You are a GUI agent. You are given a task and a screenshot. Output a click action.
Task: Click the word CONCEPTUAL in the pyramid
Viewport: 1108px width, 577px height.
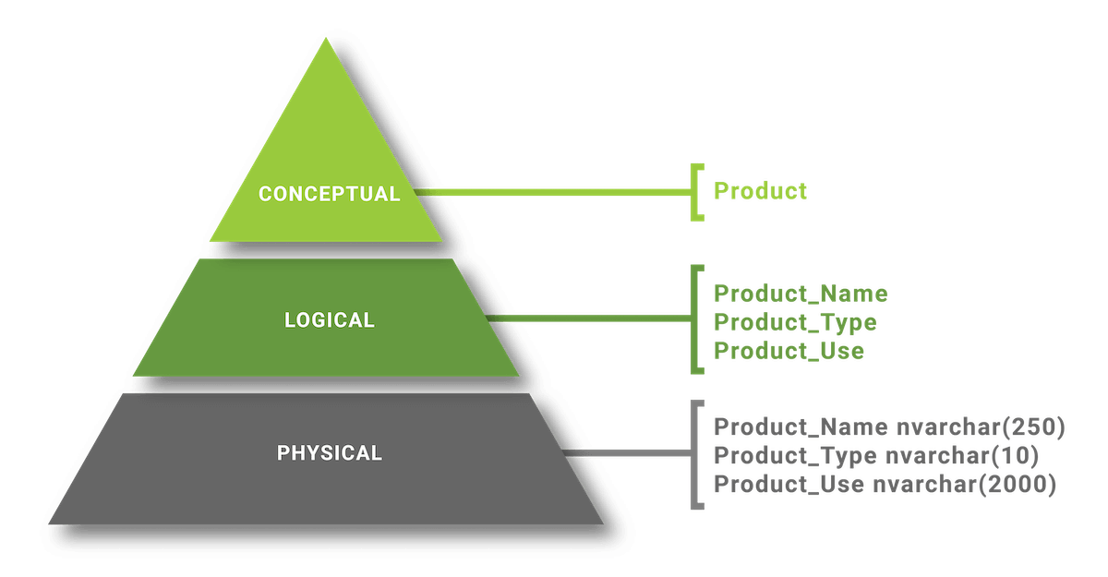click(x=329, y=194)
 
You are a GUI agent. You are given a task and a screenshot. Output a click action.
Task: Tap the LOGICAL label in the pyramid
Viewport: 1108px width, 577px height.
click(x=329, y=320)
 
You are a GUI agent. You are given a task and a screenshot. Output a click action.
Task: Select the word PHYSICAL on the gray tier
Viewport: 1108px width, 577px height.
click(x=329, y=453)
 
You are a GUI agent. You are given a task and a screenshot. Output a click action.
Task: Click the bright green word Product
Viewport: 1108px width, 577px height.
click(x=761, y=192)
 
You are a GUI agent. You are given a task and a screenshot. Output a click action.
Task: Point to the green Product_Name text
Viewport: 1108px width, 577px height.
click(x=801, y=294)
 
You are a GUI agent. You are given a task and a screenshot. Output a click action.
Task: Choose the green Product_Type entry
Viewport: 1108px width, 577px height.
click(x=796, y=322)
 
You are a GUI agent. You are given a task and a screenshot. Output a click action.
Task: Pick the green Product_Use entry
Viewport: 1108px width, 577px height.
click(x=789, y=351)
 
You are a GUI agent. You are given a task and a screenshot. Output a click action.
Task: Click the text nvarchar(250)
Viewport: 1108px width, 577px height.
click(x=982, y=427)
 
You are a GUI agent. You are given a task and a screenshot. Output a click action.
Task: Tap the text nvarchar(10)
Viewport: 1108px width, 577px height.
click(x=962, y=456)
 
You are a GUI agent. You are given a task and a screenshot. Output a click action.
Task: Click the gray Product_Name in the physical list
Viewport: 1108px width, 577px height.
click(x=801, y=427)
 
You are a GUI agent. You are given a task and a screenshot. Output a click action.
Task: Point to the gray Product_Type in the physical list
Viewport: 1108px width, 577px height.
click(x=795, y=456)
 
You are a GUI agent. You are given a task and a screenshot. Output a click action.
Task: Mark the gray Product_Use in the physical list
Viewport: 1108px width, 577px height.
click(x=789, y=485)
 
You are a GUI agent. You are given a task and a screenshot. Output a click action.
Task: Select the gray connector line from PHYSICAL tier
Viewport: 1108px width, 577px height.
click(x=628, y=453)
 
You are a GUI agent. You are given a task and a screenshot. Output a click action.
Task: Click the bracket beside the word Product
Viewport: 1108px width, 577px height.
click(x=694, y=192)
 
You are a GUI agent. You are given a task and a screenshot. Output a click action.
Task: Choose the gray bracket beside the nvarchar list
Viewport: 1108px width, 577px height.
click(x=694, y=453)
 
